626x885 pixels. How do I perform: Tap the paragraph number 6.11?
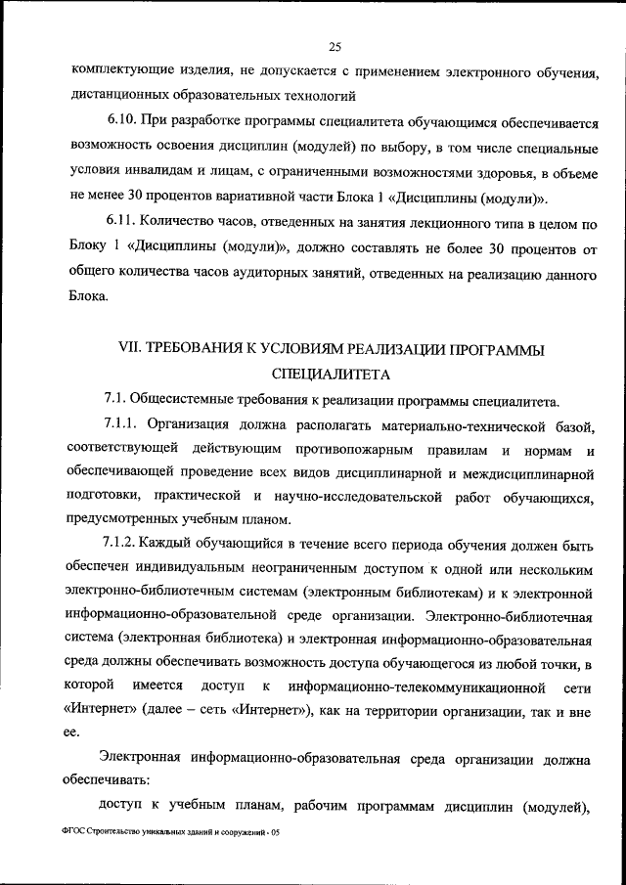click(121, 226)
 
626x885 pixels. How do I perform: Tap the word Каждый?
click(171, 544)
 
